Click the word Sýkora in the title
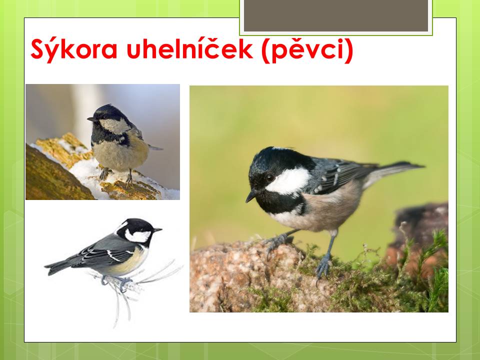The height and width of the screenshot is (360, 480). pyautogui.click(x=74, y=49)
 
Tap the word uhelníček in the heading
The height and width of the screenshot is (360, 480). pyautogui.click(x=190, y=48)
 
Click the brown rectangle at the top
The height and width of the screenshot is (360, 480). pyautogui.click(x=336, y=15)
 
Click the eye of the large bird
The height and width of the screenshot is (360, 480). pyautogui.click(x=270, y=177)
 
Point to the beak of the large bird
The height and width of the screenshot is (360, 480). pyautogui.click(x=251, y=196)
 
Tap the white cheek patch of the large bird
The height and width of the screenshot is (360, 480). pyautogui.click(x=288, y=181)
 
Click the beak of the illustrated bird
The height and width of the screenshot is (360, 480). pyautogui.click(x=157, y=230)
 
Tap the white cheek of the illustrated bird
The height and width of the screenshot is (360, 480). pyautogui.click(x=138, y=235)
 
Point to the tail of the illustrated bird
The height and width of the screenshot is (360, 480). pyautogui.click(x=58, y=267)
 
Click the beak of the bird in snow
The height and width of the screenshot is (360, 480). pyautogui.click(x=91, y=119)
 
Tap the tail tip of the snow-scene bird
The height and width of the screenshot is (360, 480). pyautogui.click(x=160, y=149)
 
